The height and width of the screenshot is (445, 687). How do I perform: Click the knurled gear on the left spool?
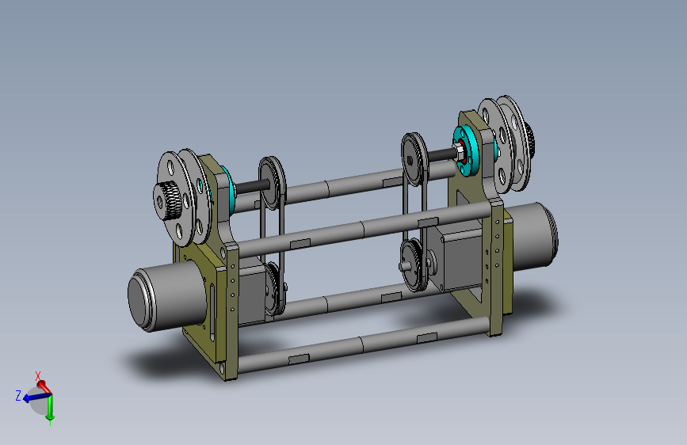point(169,200)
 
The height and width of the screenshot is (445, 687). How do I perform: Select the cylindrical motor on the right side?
point(533,234)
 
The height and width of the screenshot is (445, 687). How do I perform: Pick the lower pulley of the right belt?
point(412,264)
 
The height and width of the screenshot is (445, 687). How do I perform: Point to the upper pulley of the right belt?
point(414,159)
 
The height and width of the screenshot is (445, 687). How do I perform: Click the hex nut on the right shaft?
point(460,151)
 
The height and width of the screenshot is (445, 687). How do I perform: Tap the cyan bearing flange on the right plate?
point(466,150)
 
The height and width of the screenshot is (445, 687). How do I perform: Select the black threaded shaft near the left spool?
point(251,187)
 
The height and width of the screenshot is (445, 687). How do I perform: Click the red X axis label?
point(38,376)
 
